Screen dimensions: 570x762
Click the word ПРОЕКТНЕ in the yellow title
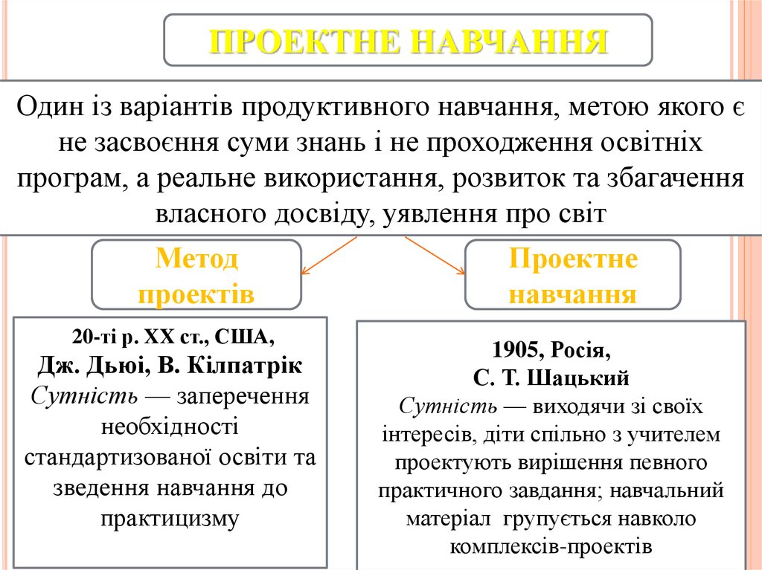301,41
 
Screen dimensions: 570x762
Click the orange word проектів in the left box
196,294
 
